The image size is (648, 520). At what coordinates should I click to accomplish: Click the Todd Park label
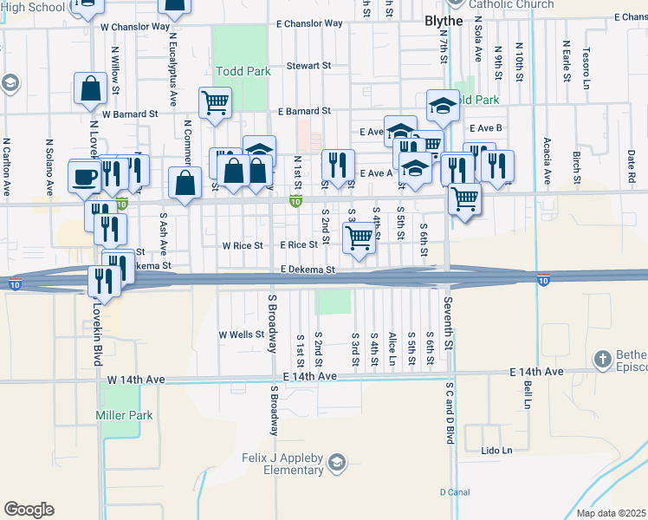[x=242, y=71]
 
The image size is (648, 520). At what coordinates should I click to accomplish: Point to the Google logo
[x=29, y=510]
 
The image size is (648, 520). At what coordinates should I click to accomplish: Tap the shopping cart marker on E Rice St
[x=360, y=236]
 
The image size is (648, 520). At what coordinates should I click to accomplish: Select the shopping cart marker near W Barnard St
[x=214, y=102]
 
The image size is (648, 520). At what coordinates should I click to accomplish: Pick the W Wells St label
[x=241, y=335]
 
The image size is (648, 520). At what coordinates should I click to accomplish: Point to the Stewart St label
[x=309, y=65]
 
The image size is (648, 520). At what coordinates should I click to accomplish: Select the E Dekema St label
[x=308, y=270]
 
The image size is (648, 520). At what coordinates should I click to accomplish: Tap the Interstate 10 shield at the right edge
[x=542, y=281]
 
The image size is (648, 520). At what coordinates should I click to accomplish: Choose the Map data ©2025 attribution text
[x=612, y=513]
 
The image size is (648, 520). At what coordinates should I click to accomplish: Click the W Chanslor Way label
[x=134, y=26]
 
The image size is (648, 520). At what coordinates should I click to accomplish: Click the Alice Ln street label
[x=392, y=342]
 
